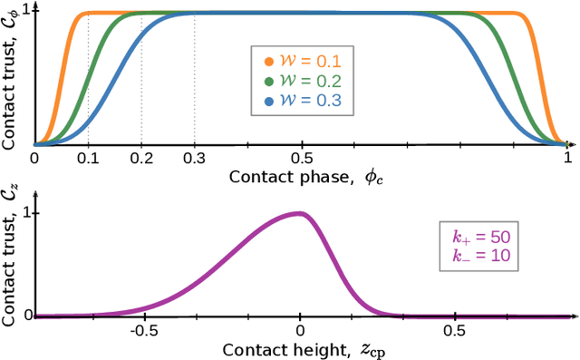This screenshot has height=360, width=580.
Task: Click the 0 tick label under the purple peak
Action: tap(301, 331)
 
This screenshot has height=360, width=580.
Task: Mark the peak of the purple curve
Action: tap(300, 213)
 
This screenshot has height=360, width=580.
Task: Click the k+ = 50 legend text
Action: tap(483, 237)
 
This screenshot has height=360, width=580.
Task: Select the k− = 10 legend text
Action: tap(483, 256)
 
